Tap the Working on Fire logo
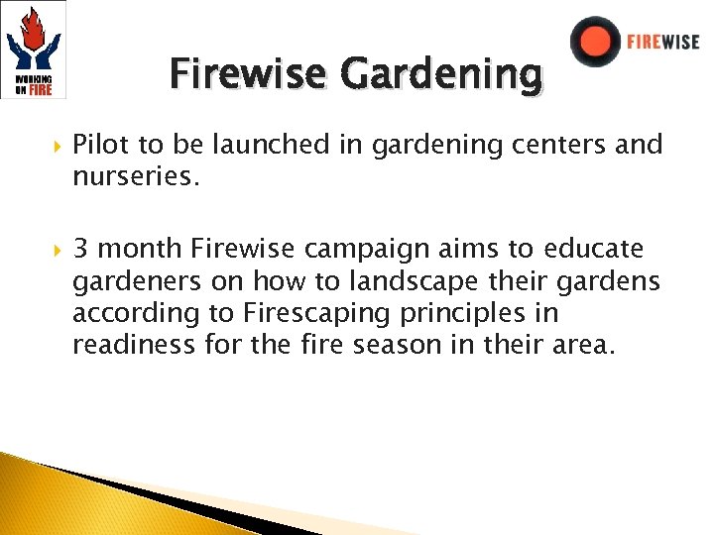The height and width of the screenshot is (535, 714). point(34,50)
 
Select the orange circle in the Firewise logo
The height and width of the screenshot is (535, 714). point(596,42)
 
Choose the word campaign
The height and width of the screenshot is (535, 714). point(372,249)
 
